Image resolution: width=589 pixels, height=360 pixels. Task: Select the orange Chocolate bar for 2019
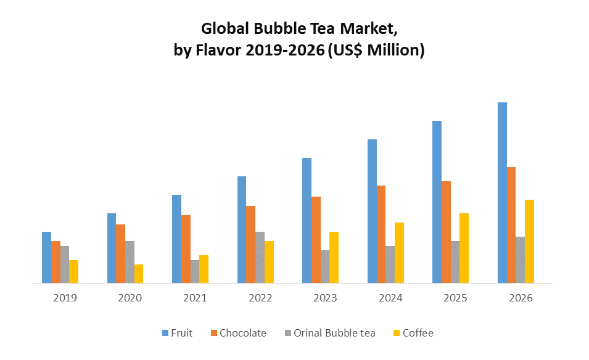coord(56,262)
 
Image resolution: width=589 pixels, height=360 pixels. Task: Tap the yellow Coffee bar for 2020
coord(139,274)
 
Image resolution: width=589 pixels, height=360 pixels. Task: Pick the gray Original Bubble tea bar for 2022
coord(260,257)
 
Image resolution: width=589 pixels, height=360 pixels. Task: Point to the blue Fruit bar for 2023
coord(307,220)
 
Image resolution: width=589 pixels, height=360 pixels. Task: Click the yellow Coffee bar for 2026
coord(529,241)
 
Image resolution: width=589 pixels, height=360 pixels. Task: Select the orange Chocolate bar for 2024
coord(381,234)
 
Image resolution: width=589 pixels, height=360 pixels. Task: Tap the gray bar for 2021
coord(195,271)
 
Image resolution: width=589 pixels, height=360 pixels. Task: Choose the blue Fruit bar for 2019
coord(46,257)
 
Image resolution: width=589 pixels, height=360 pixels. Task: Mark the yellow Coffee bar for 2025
coord(464,248)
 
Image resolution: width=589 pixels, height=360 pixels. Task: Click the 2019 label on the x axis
coord(65,298)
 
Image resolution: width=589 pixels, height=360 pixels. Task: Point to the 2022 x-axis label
coord(260,298)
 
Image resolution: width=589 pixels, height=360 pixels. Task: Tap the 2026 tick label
coord(521,298)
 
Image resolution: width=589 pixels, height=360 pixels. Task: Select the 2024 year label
coord(390,298)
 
